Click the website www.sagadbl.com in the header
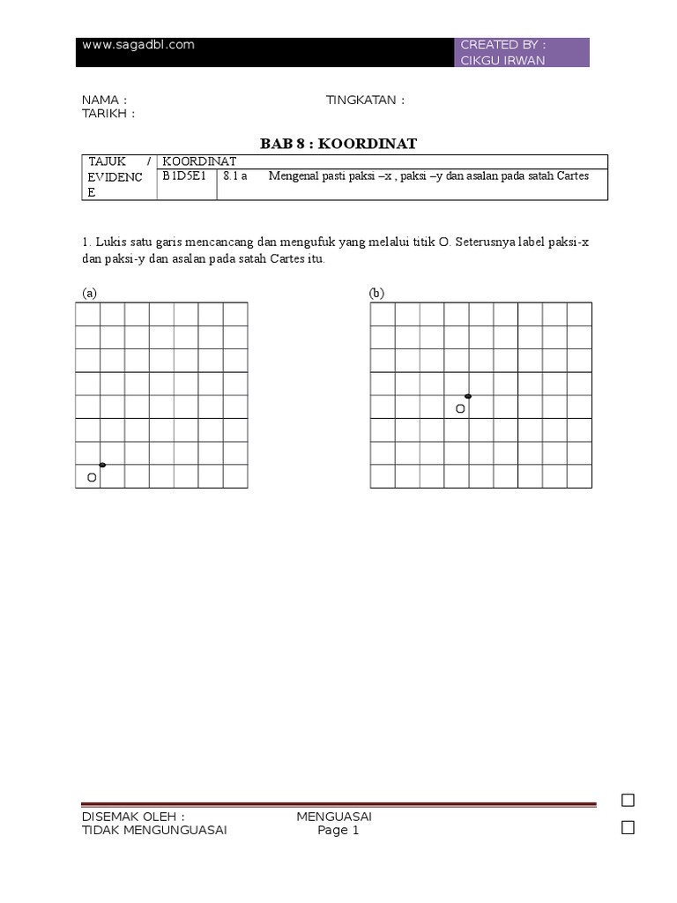click(x=138, y=45)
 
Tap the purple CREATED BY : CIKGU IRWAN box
click(x=524, y=52)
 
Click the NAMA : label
click(x=104, y=100)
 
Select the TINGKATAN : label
click(x=365, y=100)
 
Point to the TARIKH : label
click(x=108, y=114)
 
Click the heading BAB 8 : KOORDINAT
click(x=338, y=143)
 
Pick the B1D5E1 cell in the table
click(x=184, y=176)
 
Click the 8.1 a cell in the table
click(x=234, y=176)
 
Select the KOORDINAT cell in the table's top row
click(x=199, y=161)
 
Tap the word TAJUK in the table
click(x=108, y=161)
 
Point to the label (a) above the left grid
click(x=89, y=293)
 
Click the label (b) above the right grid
click(x=377, y=293)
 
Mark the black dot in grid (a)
click(x=102, y=465)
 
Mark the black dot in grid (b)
click(x=468, y=397)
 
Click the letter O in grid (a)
click(x=92, y=477)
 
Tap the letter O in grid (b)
click(x=459, y=409)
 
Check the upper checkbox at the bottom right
click(x=628, y=801)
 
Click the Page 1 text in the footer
click(x=338, y=830)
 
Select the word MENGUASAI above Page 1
click(x=334, y=817)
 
